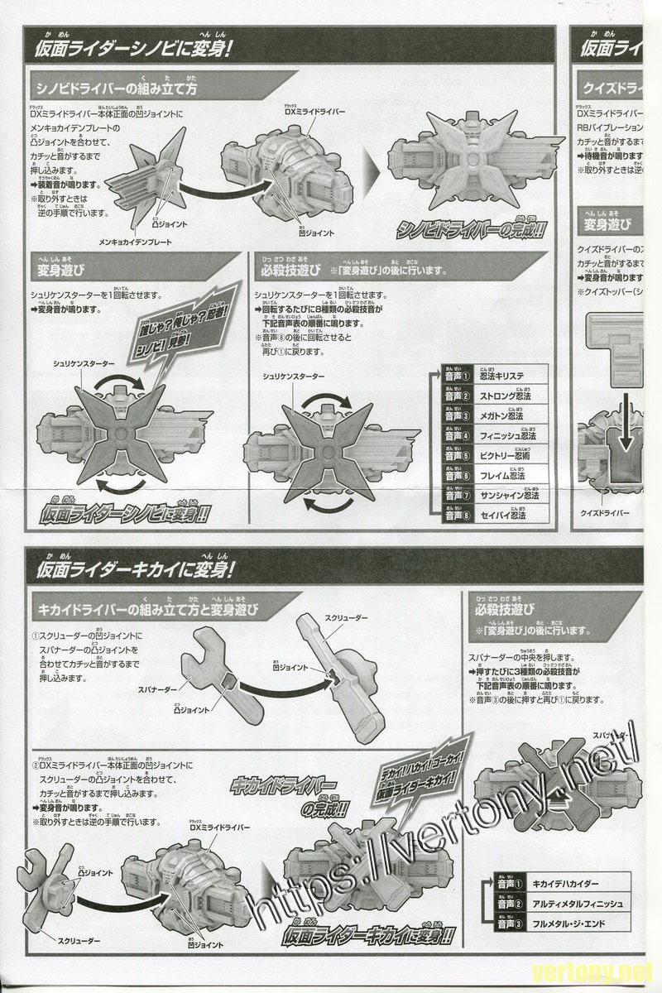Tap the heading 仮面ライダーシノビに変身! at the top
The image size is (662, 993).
132,47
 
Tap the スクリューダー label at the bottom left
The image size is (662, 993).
80,941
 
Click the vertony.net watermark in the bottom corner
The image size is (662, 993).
607,970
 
